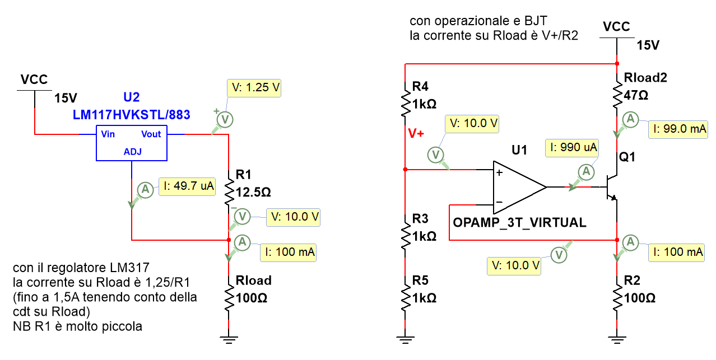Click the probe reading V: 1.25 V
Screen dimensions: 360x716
point(253,88)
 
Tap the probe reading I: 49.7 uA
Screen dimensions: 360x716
point(187,186)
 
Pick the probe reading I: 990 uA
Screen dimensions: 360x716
point(571,148)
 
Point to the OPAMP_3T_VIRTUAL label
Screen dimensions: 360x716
point(519,223)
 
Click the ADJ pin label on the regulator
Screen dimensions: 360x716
point(132,152)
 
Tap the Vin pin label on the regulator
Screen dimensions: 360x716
point(108,134)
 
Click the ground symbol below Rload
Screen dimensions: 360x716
point(229,338)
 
